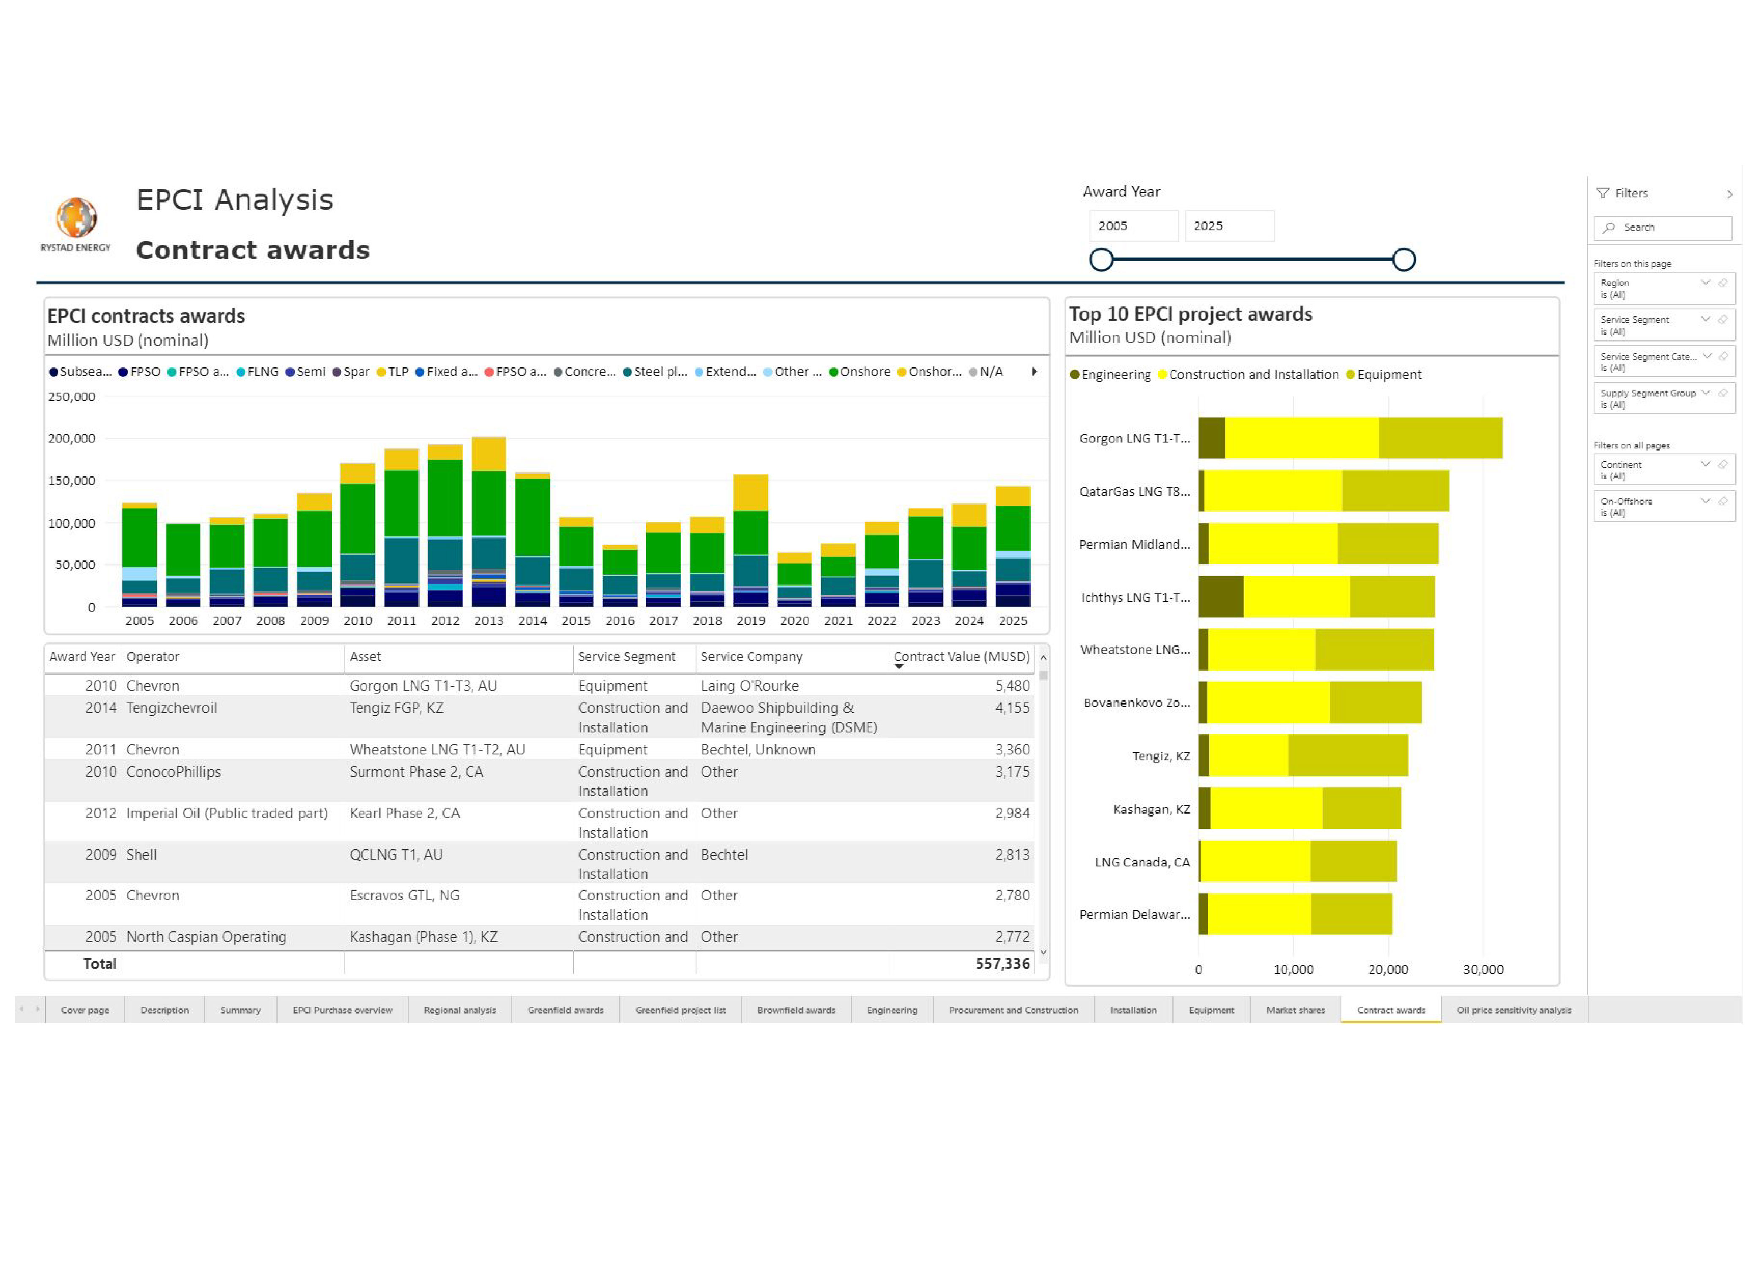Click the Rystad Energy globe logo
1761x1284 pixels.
[76, 218]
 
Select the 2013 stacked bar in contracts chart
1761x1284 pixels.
[489, 521]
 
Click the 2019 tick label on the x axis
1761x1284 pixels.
[751, 621]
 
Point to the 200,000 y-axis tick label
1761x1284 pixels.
[71, 438]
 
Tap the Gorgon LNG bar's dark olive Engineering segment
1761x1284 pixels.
[1211, 438]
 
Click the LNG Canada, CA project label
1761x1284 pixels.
[1141, 862]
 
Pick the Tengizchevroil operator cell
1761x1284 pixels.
[172, 708]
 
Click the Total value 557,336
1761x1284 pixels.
[1002, 964]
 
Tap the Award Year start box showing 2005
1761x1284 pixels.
[1132, 226]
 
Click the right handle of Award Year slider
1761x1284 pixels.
[1403, 260]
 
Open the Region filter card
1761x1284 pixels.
[1655, 288]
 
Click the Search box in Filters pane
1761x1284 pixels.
[1663, 228]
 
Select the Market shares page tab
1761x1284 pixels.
[1295, 1011]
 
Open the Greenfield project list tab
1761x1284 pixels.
[680, 1011]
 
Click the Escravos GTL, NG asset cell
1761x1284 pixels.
[404, 896]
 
